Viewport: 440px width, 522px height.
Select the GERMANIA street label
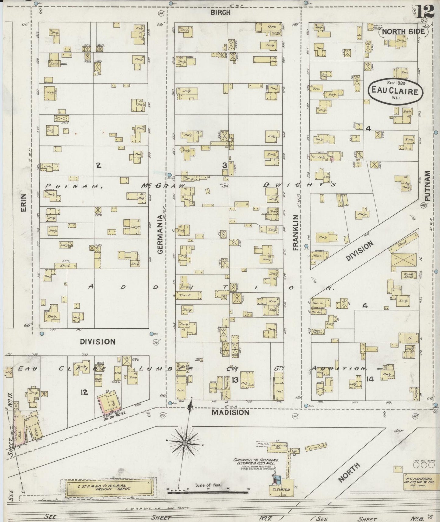pos(160,234)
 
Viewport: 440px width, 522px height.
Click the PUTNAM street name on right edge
pos(428,186)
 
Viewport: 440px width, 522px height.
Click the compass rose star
pos(185,443)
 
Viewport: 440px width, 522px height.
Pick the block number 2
pos(98,165)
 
